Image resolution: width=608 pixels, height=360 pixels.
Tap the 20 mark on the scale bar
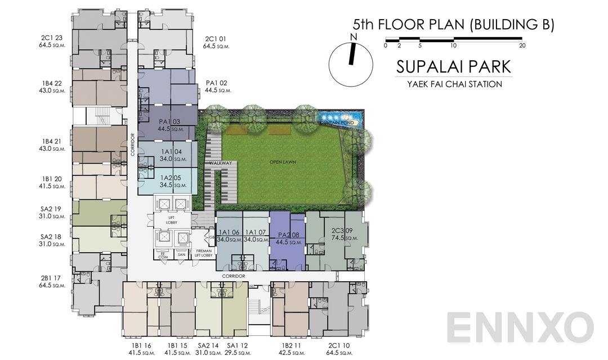point(522,46)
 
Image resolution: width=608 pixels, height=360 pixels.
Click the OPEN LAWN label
point(283,162)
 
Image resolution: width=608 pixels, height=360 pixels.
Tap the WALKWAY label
point(221,163)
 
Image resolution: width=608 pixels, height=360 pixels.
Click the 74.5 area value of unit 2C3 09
point(338,238)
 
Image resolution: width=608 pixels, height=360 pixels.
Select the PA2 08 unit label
point(287,235)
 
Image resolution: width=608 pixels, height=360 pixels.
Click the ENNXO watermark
point(520,327)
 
